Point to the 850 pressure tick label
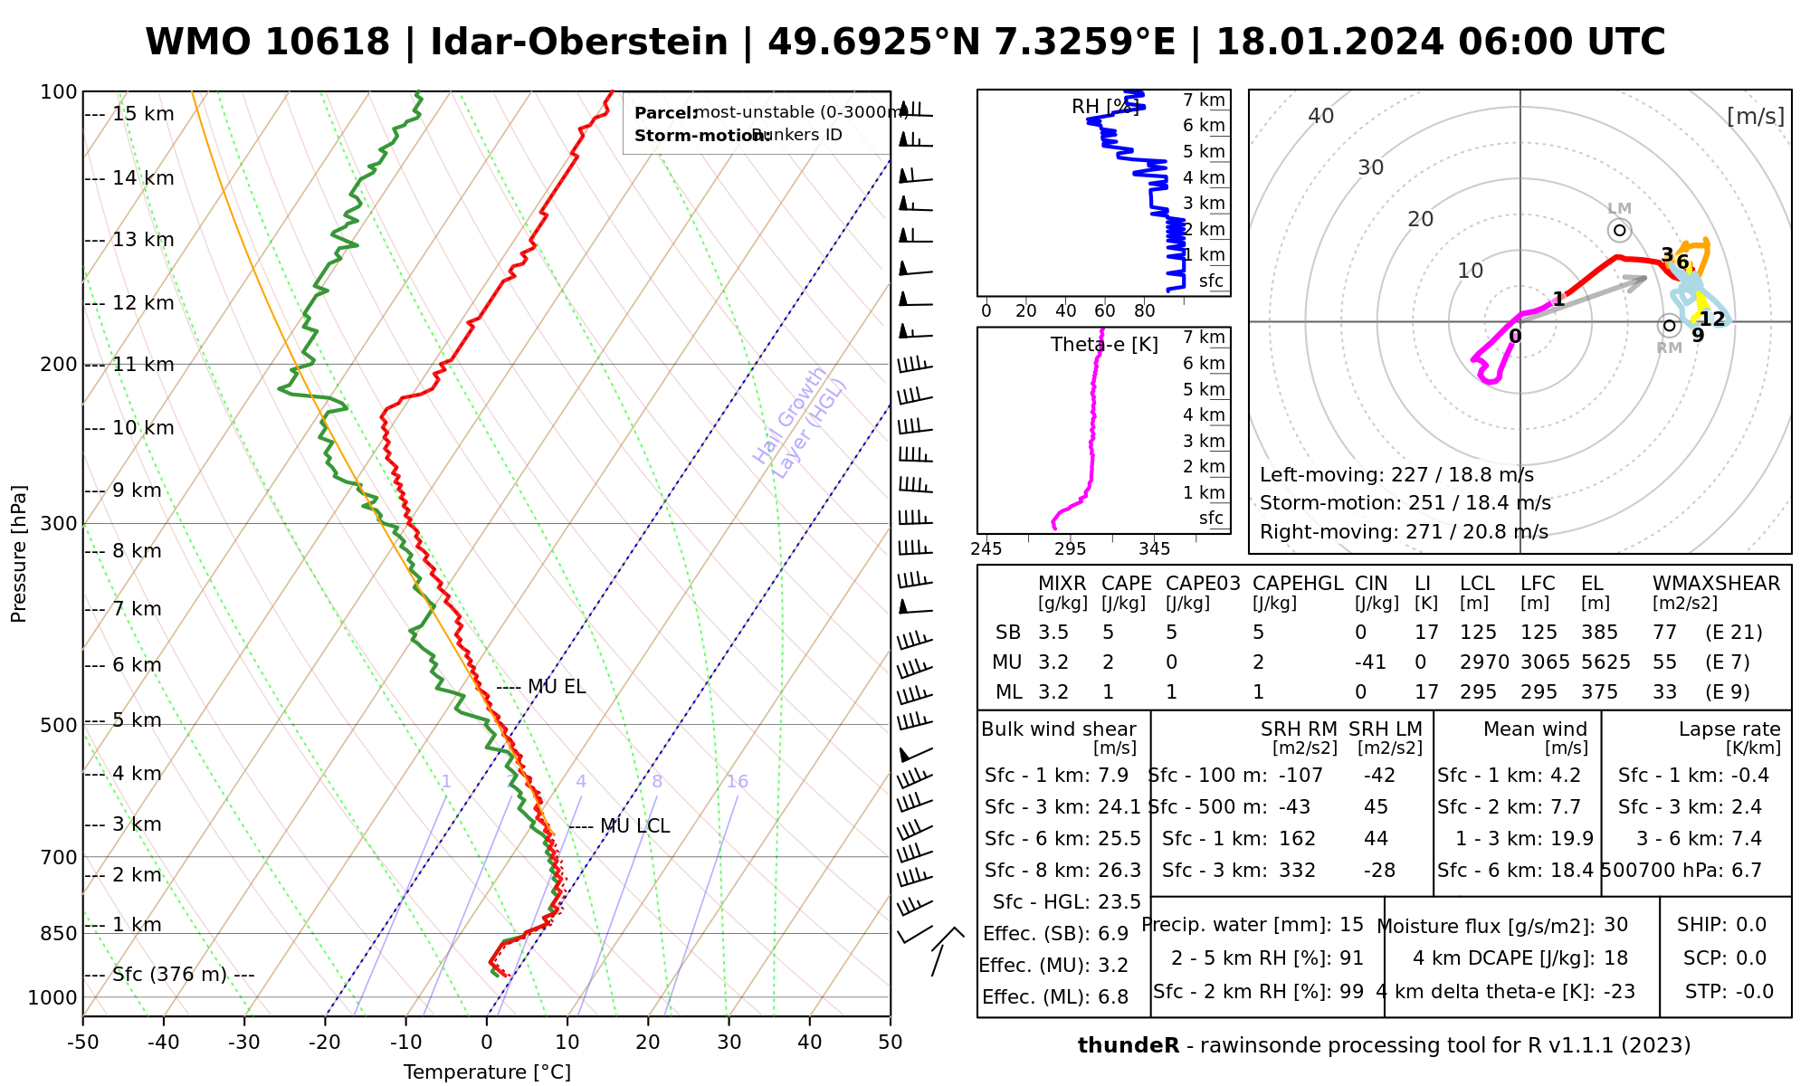click(59, 933)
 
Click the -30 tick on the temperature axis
click(244, 1043)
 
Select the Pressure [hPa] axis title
click(19, 554)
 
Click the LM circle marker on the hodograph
click(1620, 231)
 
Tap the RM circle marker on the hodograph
click(1670, 326)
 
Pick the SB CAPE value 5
click(1109, 633)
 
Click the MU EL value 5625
click(1605, 662)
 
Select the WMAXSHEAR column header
click(1716, 584)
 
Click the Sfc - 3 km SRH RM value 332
click(1297, 871)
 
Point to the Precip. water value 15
click(1351, 925)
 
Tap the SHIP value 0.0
click(1751, 925)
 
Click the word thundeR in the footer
click(1129, 1046)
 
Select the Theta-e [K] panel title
click(1104, 345)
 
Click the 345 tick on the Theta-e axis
click(1154, 549)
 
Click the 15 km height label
click(143, 114)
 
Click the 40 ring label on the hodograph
click(1321, 116)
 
